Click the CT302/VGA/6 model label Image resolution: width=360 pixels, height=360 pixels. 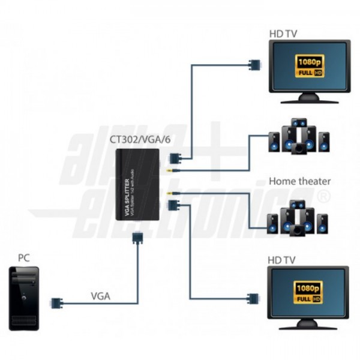tap(139, 139)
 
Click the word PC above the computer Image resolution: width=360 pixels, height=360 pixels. tap(23, 259)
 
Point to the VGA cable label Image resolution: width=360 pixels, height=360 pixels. tap(100, 295)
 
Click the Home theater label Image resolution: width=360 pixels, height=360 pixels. tap(299, 181)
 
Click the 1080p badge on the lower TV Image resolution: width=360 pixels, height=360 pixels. tap(309, 290)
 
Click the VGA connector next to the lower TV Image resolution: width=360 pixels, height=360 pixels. tap(254, 297)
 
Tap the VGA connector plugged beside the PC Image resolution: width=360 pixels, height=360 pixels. tap(57, 303)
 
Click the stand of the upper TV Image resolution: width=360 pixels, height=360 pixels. tap(309, 97)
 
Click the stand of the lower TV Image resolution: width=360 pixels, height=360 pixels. tap(308, 325)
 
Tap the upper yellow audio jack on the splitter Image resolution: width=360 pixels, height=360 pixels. tap(172, 171)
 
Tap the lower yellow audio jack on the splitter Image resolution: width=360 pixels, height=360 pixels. tap(172, 193)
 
